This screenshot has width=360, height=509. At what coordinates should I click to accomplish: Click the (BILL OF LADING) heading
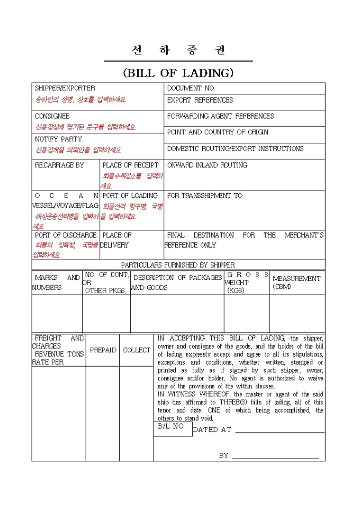point(178,73)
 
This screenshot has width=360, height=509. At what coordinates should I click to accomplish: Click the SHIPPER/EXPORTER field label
point(65,88)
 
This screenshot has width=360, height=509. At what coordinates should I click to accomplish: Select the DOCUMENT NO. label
point(191,88)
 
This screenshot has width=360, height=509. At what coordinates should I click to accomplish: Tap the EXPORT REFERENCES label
point(200,100)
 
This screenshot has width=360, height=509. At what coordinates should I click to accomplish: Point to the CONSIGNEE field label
point(52,116)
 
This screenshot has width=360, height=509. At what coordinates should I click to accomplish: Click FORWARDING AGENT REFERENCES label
point(220,116)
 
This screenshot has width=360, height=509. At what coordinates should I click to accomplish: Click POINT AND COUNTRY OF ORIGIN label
point(218,132)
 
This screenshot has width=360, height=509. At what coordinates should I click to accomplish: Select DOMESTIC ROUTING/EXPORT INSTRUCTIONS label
point(235,149)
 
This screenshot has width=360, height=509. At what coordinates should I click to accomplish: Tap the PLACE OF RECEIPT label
point(130,165)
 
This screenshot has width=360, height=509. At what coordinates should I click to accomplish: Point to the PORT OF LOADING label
point(130,196)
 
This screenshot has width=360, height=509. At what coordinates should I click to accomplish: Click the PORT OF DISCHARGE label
point(66,235)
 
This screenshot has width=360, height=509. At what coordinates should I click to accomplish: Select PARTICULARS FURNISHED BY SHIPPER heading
point(178,265)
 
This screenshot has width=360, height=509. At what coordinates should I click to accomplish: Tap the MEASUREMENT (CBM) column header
point(296,282)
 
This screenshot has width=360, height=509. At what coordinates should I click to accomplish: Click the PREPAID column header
point(103,350)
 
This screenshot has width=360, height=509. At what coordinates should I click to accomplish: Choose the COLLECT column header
point(137,350)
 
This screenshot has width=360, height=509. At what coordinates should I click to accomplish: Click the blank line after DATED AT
point(280,430)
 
